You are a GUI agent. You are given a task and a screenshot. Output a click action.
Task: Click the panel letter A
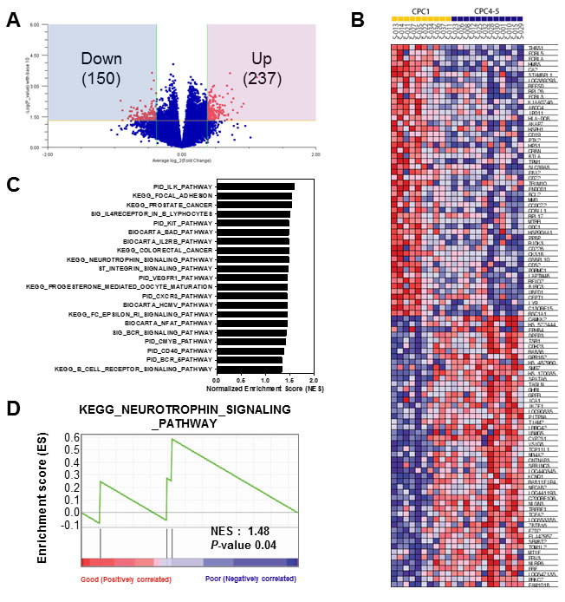(14, 20)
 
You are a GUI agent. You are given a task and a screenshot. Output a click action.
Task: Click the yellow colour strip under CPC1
(419, 16)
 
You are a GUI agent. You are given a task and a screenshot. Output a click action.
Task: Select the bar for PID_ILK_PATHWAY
(256, 186)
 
